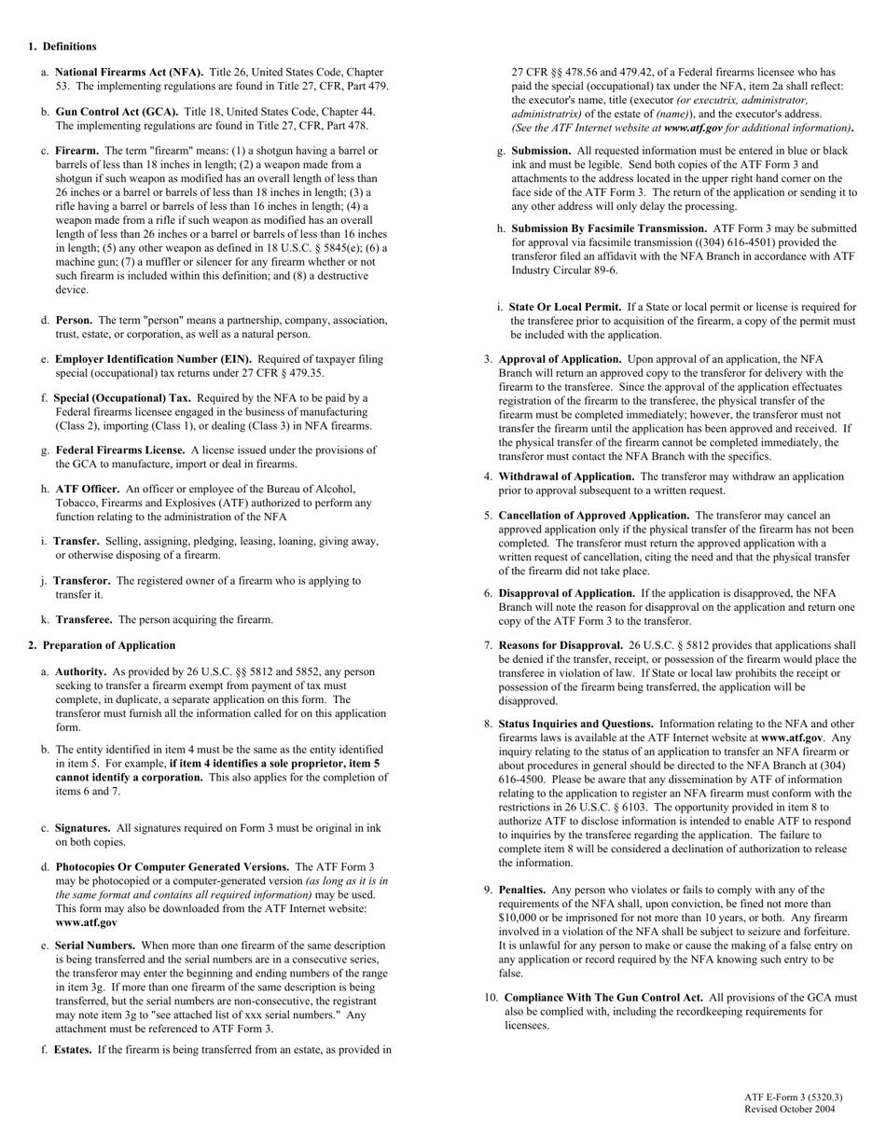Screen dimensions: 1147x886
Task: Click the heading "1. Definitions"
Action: [62, 47]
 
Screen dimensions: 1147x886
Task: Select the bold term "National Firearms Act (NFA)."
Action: [129, 72]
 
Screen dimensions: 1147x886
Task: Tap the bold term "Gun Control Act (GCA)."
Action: [117, 111]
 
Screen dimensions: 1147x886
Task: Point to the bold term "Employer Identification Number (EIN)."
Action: [153, 359]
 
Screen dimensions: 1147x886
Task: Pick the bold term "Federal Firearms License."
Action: [119, 449]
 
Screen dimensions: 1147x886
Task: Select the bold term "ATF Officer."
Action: [88, 489]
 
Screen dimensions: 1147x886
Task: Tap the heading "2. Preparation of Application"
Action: [102, 645]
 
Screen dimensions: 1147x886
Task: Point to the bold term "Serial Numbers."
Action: [95, 946]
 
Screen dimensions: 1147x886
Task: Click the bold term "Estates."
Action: [73, 1050]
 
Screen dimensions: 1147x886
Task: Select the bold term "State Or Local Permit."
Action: [565, 307]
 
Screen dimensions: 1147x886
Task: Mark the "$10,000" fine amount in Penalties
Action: [518, 918]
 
